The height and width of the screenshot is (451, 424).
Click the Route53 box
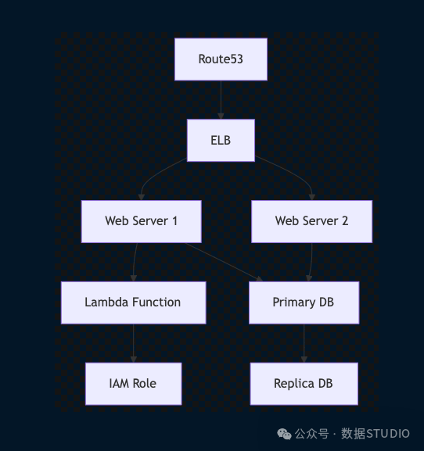tap(221, 59)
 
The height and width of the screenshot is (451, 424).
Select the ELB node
tap(221, 141)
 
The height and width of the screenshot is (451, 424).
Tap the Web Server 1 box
tap(142, 221)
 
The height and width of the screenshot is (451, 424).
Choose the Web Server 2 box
tap(311, 221)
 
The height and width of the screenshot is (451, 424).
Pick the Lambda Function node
tap(134, 302)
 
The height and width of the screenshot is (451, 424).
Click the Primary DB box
tap(304, 302)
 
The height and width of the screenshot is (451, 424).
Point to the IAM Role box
tap(134, 384)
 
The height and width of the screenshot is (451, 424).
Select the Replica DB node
tap(304, 384)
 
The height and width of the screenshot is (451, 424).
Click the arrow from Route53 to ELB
tap(221, 100)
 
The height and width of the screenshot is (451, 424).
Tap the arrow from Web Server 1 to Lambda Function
tap(135, 262)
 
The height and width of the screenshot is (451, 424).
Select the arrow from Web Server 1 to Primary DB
tap(224, 262)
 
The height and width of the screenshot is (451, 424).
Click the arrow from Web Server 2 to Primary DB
tap(311, 262)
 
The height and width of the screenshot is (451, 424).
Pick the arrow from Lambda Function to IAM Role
tap(134, 343)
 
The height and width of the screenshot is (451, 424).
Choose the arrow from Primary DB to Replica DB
tap(304, 343)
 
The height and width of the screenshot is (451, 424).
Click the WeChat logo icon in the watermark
tap(284, 434)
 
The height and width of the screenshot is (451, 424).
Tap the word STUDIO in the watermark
tap(387, 434)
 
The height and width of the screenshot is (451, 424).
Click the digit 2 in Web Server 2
tap(345, 221)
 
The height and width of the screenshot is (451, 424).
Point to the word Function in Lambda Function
tap(156, 302)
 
